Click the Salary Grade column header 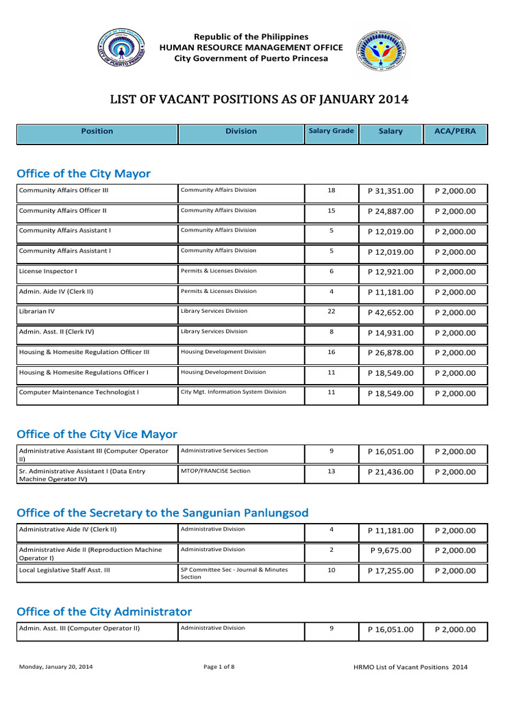(x=331, y=131)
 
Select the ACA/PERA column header (x=455, y=131)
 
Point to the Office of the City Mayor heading (x=84, y=174)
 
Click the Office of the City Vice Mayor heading (x=97, y=434)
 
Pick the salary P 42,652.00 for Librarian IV (x=390, y=312)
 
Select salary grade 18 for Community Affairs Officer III (x=331, y=190)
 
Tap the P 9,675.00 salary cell (x=390, y=550)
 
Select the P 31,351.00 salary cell (x=390, y=191)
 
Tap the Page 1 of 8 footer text (x=219, y=667)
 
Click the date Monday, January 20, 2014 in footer (x=56, y=667)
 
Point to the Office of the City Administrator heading (x=104, y=611)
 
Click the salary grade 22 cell (x=331, y=311)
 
